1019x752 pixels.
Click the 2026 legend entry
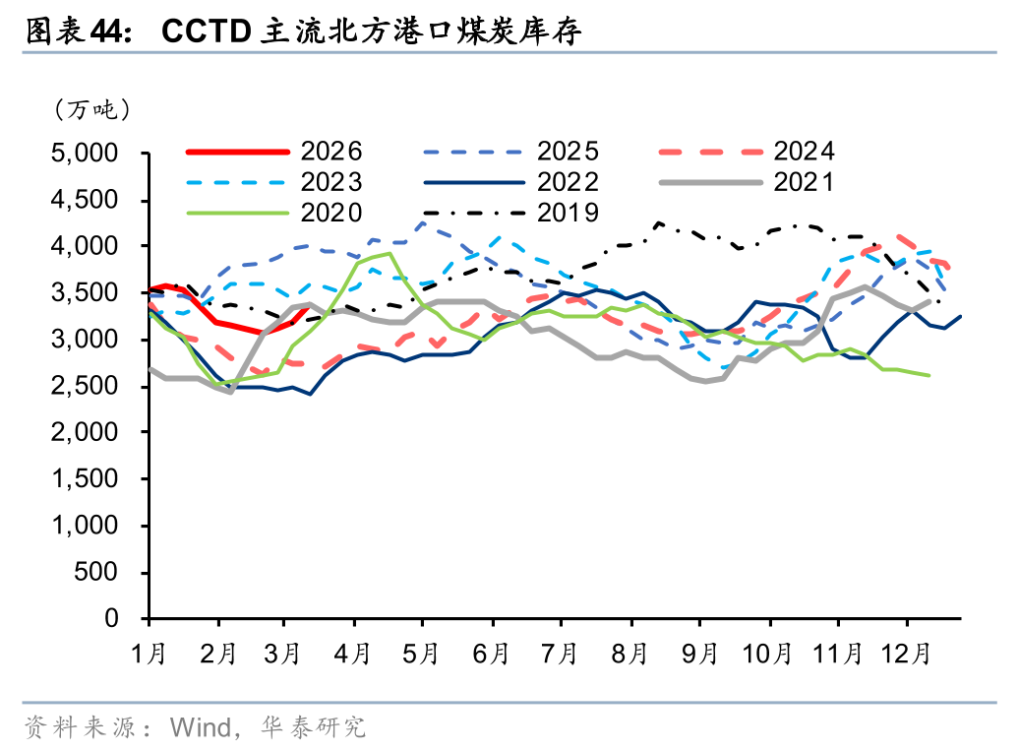tap(331, 152)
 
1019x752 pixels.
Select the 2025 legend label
tap(568, 152)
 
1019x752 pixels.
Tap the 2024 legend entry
tap(804, 152)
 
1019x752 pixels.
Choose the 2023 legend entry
tap(331, 182)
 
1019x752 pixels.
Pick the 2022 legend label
tap(568, 182)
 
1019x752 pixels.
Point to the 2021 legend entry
tap(804, 182)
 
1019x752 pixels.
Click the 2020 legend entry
tap(331, 213)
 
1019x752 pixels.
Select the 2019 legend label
tap(568, 213)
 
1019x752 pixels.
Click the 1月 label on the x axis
tap(150, 653)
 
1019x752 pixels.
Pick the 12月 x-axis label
tap(906, 653)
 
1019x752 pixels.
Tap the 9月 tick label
tap(699, 653)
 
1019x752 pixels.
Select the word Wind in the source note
tap(200, 727)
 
